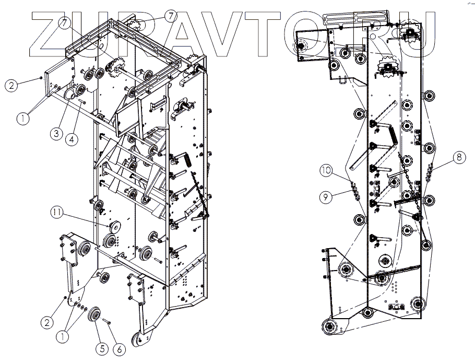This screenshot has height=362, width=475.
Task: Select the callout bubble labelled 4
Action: pos(72,139)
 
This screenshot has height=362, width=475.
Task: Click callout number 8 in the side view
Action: pos(457,156)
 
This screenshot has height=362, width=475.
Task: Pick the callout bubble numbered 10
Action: pos(326,170)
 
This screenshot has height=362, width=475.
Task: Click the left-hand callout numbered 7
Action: pos(63,23)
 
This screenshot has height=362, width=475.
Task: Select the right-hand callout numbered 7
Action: pos(170,16)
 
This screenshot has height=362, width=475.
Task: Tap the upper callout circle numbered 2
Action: pos(11,86)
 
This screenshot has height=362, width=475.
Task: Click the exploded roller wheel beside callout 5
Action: pos(95,316)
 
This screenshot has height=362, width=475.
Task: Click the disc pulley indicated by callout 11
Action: pos(113,226)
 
